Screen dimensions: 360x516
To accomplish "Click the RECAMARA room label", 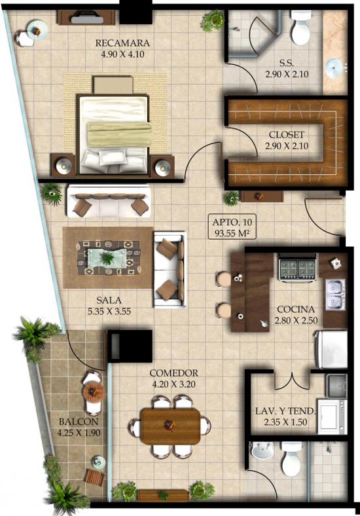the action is pyautogui.click(x=122, y=43).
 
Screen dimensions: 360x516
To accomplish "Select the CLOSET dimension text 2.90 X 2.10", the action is pyautogui.click(x=287, y=146).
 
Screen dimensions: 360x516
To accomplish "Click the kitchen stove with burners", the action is pyautogui.click(x=297, y=267).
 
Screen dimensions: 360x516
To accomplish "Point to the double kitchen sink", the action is pyautogui.click(x=336, y=295).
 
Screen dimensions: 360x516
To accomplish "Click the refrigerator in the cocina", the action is pyautogui.click(x=331, y=350).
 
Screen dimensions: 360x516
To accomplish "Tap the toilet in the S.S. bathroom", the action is pyautogui.click(x=300, y=28).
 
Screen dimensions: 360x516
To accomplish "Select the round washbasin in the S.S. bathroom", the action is pyautogui.click(x=334, y=68).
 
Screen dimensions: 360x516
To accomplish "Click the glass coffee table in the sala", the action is pyautogui.click(x=106, y=258).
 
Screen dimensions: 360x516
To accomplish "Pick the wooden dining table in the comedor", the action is pyautogui.click(x=170, y=426).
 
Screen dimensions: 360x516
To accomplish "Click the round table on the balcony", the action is pyautogui.click(x=94, y=392).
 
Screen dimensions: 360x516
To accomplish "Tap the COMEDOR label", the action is pyautogui.click(x=173, y=373).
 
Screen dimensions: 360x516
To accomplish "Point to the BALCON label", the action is pyautogui.click(x=79, y=422).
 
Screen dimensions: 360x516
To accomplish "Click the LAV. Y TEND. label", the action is pyautogui.click(x=285, y=411).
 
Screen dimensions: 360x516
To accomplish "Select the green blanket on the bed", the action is pyautogui.click(x=119, y=134).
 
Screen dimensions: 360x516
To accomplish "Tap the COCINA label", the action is pyautogui.click(x=295, y=309).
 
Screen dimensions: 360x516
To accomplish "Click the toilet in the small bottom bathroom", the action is pyautogui.click(x=291, y=458).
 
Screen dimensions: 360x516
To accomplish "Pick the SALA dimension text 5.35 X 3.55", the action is pyautogui.click(x=109, y=311).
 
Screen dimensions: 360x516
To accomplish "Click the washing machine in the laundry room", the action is pyautogui.click(x=333, y=416).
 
